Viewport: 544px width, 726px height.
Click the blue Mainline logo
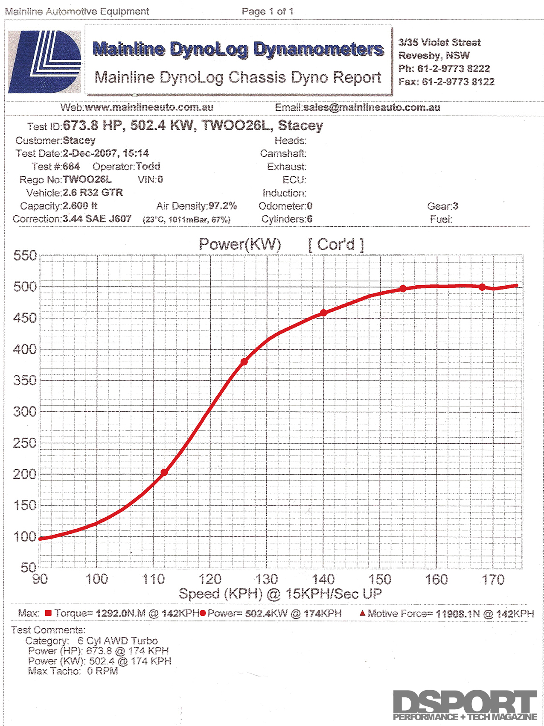tap(44, 62)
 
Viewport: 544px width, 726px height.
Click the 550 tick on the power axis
tap(25, 256)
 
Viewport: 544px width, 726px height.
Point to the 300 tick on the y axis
tap(25, 412)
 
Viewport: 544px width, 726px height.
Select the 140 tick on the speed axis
tap(323, 580)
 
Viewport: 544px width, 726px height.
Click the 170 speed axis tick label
tap(493, 580)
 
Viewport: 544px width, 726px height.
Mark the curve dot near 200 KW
tap(164, 472)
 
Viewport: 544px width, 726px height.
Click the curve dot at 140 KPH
tap(323, 313)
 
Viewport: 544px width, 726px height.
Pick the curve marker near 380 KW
tap(244, 362)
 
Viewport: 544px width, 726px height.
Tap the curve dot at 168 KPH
tap(482, 287)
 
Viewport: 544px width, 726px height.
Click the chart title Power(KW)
tap(240, 244)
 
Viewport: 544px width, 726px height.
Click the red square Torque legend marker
tap(48, 613)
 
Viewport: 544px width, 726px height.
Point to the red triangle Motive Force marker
tap(362, 613)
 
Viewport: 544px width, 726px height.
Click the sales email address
tap(372, 108)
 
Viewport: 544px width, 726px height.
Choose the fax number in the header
tap(458, 82)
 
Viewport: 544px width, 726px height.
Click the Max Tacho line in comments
tap(73, 671)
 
